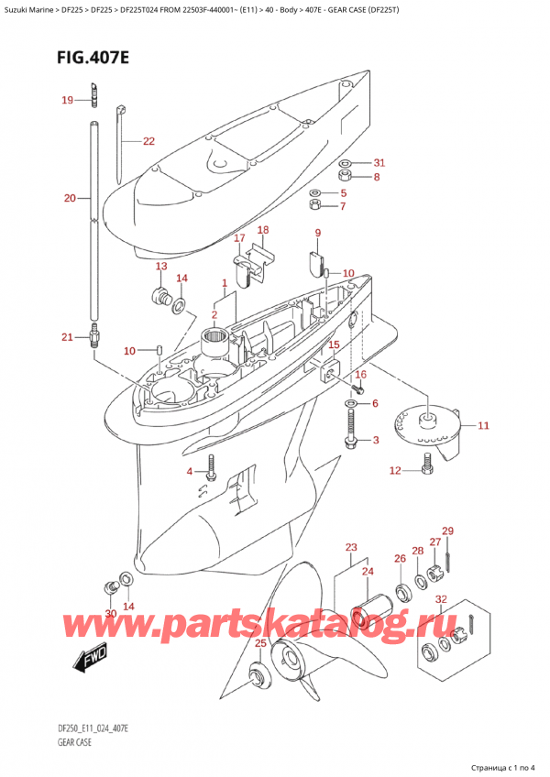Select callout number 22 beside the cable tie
pyautogui.click(x=148, y=141)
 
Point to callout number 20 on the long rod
pyautogui.click(x=70, y=198)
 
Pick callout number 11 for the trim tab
pyautogui.click(x=483, y=425)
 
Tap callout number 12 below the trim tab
pyautogui.click(x=395, y=471)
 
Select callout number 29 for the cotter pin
pyautogui.click(x=447, y=531)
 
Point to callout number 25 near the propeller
pyautogui.click(x=260, y=643)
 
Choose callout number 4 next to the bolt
pyautogui.click(x=190, y=472)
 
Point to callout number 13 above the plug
pyautogui.click(x=161, y=267)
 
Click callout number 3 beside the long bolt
pyautogui.click(x=374, y=441)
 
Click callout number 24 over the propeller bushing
pyautogui.click(x=368, y=573)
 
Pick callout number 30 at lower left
pyautogui.click(x=110, y=613)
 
